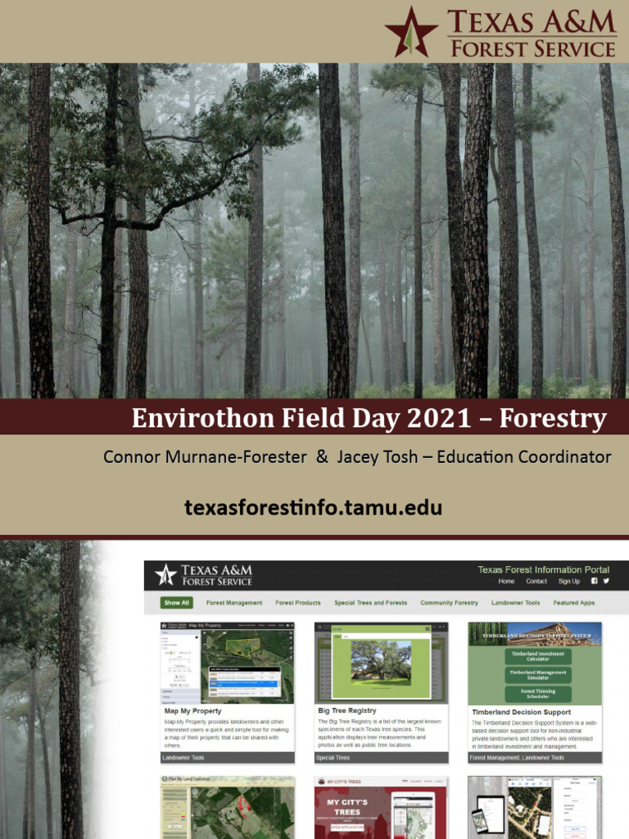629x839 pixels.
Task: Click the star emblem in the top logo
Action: (411, 30)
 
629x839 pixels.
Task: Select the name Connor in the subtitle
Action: (131, 457)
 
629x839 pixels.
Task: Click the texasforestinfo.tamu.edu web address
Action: (313, 507)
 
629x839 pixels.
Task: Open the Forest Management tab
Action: (234, 603)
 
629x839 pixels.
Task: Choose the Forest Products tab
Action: (298, 603)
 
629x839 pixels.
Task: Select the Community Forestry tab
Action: (449, 603)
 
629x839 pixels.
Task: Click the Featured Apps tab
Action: (573, 603)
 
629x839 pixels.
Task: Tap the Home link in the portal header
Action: (507, 582)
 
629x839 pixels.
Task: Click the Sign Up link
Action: (568, 582)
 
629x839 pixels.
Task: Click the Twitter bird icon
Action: (606, 581)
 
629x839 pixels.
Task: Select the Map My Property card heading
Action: (192, 711)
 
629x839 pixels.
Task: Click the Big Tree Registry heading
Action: (346, 710)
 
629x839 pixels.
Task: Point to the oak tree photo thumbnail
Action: (381, 661)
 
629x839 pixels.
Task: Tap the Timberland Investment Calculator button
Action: (536, 655)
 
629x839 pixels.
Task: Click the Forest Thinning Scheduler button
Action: (536, 693)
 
